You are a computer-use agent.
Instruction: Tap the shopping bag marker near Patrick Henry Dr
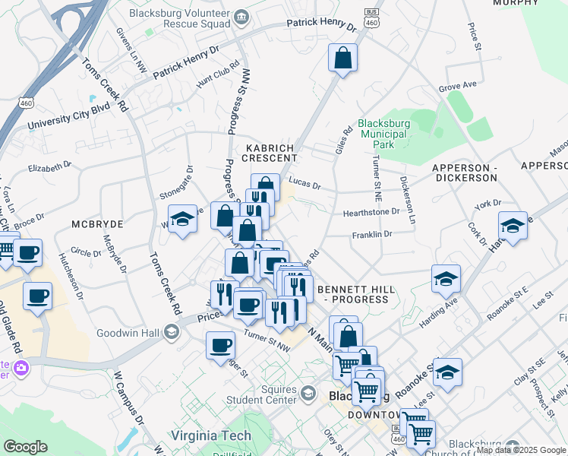(343, 58)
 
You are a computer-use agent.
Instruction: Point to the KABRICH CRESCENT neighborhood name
(269, 152)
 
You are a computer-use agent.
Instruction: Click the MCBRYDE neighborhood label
(97, 224)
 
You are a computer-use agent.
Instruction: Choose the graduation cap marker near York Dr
(513, 226)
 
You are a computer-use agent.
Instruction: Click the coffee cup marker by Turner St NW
(220, 345)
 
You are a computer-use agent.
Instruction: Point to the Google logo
(25, 447)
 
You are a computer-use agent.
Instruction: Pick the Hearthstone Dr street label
(371, 213)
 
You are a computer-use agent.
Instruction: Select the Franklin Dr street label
(371, 235)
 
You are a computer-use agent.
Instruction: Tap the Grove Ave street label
(457, 87)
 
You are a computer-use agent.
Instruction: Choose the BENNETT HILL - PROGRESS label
(353, 294)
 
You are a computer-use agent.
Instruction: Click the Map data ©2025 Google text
(522, 450)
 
